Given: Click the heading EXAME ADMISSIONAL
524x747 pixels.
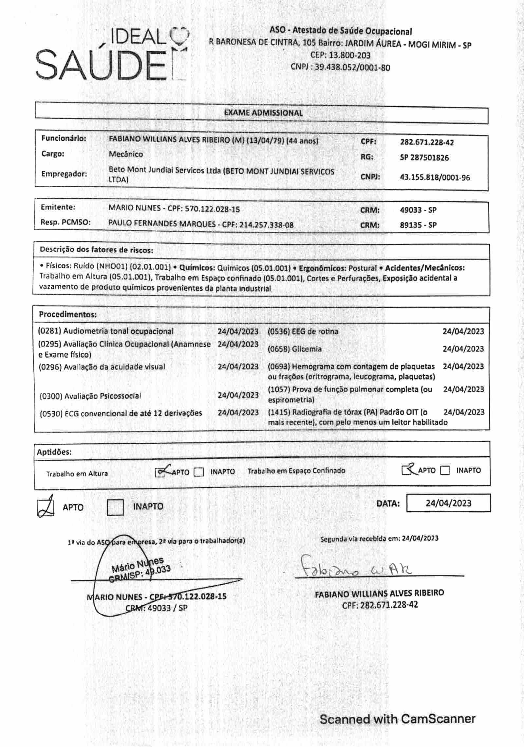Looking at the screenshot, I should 263,113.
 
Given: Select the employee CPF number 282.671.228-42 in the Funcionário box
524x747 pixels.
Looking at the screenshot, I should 427,142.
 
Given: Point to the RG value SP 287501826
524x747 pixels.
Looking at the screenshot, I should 424,158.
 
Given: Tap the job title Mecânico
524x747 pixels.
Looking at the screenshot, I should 126,154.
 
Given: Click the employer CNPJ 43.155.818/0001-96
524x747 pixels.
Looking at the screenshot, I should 435,178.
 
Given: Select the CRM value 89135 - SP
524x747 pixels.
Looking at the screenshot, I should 418,225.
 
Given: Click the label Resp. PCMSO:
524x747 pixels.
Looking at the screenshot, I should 65,222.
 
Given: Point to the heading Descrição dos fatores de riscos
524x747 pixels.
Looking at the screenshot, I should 96,250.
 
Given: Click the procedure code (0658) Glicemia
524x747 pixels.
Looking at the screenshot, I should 294,349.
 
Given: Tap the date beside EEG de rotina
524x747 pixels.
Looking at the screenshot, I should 463,331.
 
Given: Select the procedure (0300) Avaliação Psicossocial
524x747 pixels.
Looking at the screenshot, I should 90,396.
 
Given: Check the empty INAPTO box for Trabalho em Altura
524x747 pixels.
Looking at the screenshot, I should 199,472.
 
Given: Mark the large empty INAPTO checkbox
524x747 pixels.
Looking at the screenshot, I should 115,507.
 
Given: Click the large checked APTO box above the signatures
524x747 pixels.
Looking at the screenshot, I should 46,507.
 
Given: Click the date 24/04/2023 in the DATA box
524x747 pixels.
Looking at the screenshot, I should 448,503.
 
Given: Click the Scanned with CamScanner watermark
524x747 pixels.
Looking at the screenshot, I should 397,719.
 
